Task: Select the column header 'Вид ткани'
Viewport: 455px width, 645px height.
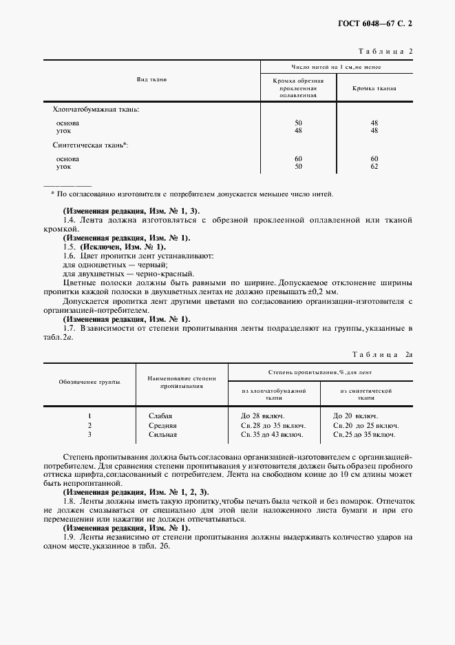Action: tap(151, 80)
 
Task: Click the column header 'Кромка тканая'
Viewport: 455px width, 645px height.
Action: tap(374, 88)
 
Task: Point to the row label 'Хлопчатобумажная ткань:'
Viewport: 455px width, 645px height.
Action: tap(96, 109)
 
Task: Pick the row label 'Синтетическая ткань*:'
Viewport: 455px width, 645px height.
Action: tap(91, 145)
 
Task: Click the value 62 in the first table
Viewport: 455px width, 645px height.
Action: tap(374, 166)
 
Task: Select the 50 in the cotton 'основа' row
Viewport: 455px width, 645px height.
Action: tap(298, 123)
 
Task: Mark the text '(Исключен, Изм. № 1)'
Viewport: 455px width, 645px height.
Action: tap(123, 246)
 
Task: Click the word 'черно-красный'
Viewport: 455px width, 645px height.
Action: tap(151, 273)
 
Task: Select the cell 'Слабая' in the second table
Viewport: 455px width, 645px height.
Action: tap(160, 416)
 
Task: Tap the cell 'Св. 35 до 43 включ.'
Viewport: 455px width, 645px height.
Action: tap(272, 435)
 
